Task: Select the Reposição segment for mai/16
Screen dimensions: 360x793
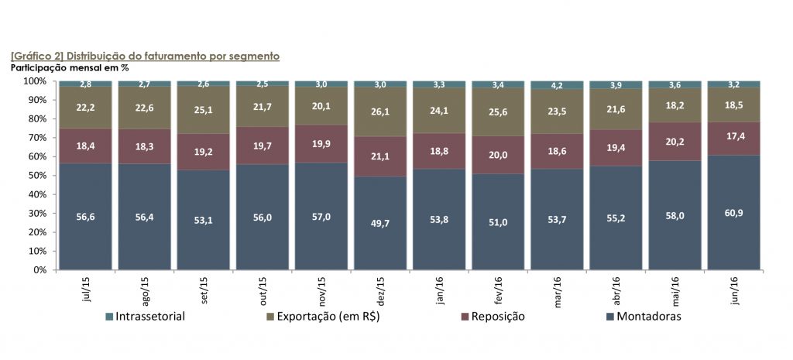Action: (674, 141)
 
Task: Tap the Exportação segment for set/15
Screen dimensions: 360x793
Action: (203, 108)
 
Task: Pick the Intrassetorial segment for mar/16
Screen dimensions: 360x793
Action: (556, 84)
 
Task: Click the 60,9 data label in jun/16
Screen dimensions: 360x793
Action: (733, 211)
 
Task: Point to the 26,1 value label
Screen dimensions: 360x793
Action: (379, 111)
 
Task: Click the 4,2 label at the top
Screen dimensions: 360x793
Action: (556, 85)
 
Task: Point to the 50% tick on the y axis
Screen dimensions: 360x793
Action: (35, 176)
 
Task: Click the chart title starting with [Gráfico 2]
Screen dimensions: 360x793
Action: (145, 57)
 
